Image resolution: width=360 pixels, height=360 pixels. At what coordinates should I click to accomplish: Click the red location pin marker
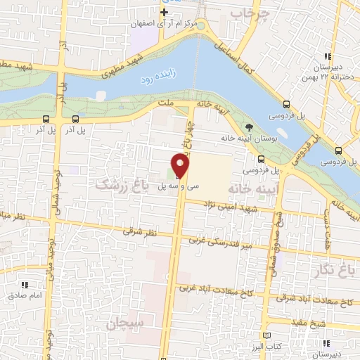(181, 166)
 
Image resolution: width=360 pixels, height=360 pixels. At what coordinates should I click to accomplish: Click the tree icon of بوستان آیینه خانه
(249, 127)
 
